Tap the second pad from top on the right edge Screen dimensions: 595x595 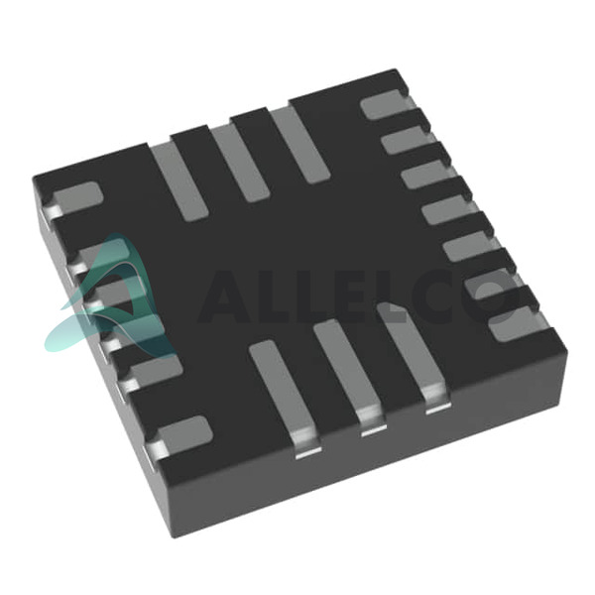[x=406, y=140]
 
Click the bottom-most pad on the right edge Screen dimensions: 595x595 [x=513, y=323]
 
